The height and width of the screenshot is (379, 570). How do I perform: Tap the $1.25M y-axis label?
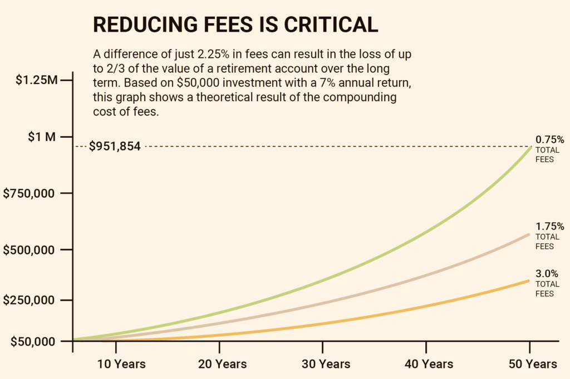(x=36, y=80)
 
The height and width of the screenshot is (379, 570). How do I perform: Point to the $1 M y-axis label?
(x=42, y=137)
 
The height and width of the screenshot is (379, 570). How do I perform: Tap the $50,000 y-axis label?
(x=33, y=341)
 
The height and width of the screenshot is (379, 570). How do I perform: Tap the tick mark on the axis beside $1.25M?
(x=67, y=80)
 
